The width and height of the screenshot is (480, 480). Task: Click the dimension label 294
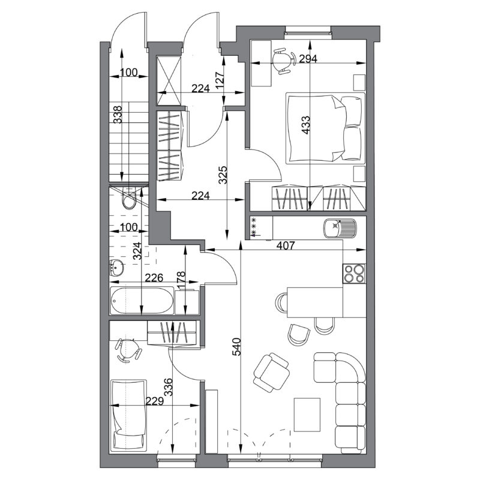[308, 58]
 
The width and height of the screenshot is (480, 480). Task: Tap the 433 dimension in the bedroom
[305, 125]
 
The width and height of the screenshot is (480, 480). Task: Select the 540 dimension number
[237, 347]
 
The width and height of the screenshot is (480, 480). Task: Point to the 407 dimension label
[286, 245]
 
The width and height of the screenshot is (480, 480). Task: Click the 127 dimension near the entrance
[220, 80]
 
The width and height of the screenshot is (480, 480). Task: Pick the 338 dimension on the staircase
[118, 115]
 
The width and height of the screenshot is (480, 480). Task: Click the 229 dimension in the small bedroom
[155, 401]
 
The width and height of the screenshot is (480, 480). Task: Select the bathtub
[142, 301]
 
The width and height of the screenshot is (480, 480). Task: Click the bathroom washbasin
[116, 267]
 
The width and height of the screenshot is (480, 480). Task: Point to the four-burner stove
[354, 274]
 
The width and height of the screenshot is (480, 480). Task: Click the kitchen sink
[340, 229]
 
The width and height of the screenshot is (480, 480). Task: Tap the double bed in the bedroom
[325, 128]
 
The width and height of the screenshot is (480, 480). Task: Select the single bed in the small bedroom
[128, 415]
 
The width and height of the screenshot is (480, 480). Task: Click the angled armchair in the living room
[272, 372]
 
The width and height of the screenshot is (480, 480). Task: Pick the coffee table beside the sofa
[307, 415]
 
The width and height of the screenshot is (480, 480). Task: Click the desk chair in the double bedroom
[283, 61]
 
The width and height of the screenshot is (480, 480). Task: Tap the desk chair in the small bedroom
[128, 350]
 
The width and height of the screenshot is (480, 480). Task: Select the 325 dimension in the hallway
[223, 175]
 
